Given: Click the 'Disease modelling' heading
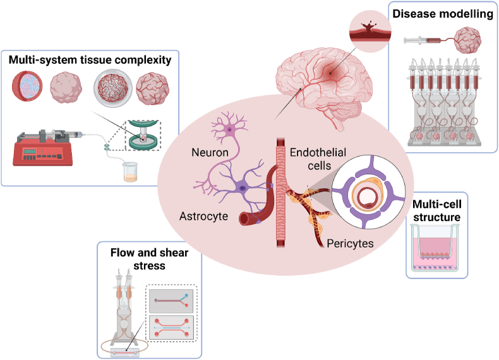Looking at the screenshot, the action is click(443, 14).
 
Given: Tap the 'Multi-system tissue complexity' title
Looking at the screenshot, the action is click(90, 60).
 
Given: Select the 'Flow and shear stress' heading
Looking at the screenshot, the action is click(149, 259).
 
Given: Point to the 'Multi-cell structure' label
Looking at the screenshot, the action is click(436, 210).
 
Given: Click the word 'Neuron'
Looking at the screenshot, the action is click(210, 152).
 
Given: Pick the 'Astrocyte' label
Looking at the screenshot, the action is click(203, 216).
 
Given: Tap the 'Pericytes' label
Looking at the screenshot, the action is click(350, 244).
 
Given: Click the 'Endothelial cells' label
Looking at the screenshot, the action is click(318, 159).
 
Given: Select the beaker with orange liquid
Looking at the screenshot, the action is click(131, 172).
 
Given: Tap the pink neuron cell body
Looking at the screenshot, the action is click(229, 129).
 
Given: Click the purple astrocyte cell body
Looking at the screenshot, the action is click(243, 188).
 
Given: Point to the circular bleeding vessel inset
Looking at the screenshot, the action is click(370, 31).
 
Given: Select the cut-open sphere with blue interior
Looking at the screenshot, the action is click(27, 87).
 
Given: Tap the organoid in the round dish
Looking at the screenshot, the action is click(113, 88).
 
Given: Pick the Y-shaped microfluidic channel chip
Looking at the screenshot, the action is click(171, 301).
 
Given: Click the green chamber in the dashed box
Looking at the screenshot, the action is click(143, 135).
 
